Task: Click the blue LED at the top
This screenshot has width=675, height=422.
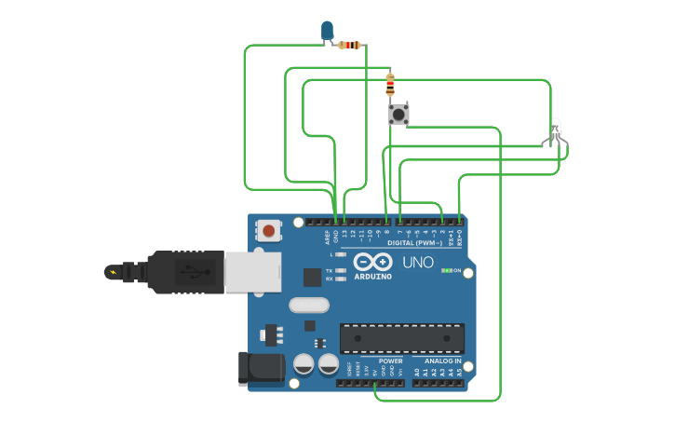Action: pos(327,30)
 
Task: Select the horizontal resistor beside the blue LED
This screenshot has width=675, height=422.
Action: pos(350,45)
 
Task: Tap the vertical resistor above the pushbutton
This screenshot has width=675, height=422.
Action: pos(390,85)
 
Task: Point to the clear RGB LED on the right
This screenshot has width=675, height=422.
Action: pos(554,131)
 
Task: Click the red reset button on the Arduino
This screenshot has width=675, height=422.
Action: pos(269,230)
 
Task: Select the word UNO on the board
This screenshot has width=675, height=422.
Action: pos(418,263)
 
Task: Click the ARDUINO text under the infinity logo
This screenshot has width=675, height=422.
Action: pos(372,276)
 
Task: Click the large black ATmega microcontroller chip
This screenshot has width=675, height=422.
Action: pos(401,338)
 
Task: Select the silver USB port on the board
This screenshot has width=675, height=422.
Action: pos(251,272)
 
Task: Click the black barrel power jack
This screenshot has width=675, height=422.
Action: pos(261,369)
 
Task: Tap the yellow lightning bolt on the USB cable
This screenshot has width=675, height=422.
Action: pos(114,272)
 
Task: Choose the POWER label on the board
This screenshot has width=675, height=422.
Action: pos(391,361)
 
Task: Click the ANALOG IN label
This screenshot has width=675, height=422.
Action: pos(443,361)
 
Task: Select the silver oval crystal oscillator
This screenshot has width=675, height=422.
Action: pos(309,305)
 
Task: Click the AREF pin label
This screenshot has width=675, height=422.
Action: pos(327,237)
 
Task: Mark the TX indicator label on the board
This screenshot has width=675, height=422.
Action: pos(330,270)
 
